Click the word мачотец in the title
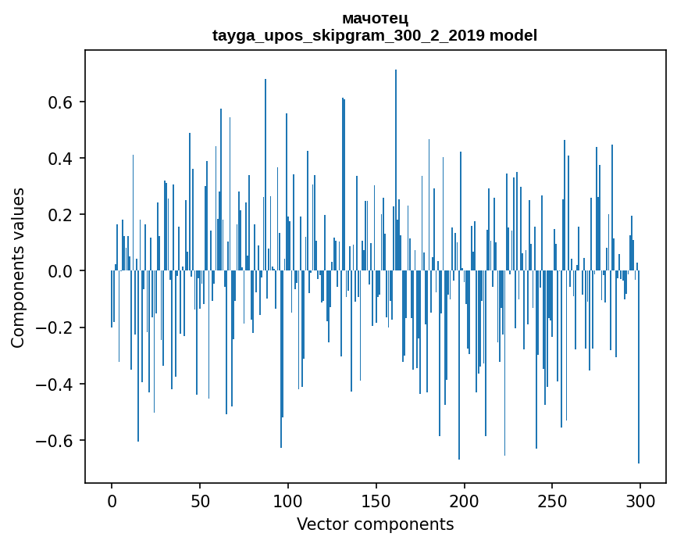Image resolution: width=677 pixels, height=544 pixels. [375, 18]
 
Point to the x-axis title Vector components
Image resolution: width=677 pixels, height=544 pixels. [375, 524]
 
